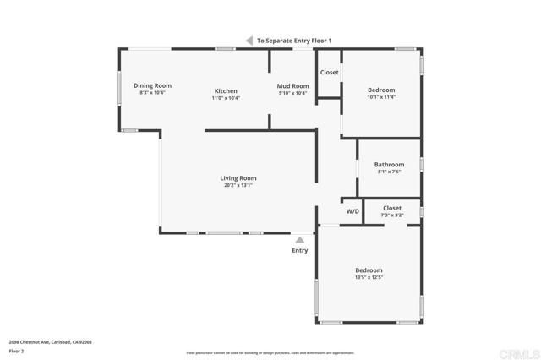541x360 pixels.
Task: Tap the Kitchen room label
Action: pos(226,90)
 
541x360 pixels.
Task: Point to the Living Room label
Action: pos(238,178)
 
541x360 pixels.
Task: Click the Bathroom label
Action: pos(389,164)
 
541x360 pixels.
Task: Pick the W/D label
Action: pos(352,210)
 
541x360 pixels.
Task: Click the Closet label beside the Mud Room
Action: pos(329,73)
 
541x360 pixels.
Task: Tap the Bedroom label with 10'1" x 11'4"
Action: pos(381,90)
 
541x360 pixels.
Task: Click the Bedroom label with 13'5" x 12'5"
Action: pos(369,270)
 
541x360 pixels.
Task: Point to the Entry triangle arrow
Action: pos(299,240)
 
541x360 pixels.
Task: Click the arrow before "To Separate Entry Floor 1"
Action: pos(249,40)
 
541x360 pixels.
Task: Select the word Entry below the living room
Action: pos(300,250)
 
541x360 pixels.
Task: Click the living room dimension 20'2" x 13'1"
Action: pos(238,185)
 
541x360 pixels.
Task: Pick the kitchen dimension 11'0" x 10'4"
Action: pos(226,98)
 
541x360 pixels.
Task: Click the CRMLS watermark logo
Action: pos(518,352)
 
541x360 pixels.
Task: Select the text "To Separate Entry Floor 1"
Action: pos(294,41)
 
